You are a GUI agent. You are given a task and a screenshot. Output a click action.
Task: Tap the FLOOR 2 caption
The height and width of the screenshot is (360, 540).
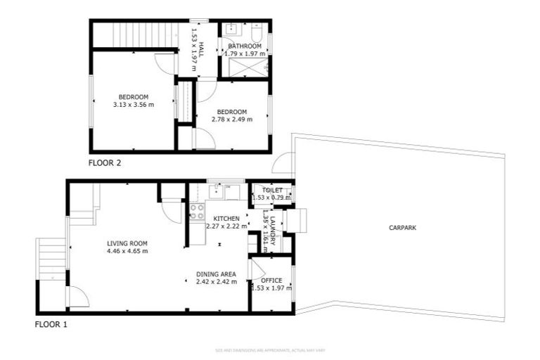[x=105, y=163]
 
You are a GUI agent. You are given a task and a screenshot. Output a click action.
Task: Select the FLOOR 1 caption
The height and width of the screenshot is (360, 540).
[x=51, y=325]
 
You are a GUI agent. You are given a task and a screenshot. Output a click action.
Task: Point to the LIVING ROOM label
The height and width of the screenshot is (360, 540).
[x=127, y=243]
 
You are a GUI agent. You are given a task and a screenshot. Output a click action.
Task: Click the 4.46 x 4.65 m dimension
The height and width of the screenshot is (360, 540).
[x=127, y=251]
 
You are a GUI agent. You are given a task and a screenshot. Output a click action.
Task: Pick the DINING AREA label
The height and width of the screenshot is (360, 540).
[x=217, y=274]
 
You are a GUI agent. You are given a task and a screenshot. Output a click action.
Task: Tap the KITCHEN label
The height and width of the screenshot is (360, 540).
[x=226, y=219]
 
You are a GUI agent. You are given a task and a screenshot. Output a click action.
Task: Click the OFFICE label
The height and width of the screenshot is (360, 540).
[x=271, y=281]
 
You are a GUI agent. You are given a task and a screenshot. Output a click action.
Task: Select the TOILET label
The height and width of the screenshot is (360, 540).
[x=272, y=191]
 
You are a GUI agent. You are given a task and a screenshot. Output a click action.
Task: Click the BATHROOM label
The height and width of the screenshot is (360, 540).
[x=245, y=46]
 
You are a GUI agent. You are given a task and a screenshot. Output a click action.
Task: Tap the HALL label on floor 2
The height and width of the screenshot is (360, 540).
[x=201, y=49]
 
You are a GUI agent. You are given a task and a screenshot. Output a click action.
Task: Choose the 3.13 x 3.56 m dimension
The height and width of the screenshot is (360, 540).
[x=133, y=104]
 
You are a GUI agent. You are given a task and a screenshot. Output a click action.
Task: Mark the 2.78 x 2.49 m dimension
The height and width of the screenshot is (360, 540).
[x=231, y=120]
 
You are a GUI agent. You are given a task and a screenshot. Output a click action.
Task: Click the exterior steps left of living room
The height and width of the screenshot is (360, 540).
[x=51, y=257]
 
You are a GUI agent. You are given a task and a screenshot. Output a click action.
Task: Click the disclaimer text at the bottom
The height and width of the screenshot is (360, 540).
[x=270, y=350]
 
